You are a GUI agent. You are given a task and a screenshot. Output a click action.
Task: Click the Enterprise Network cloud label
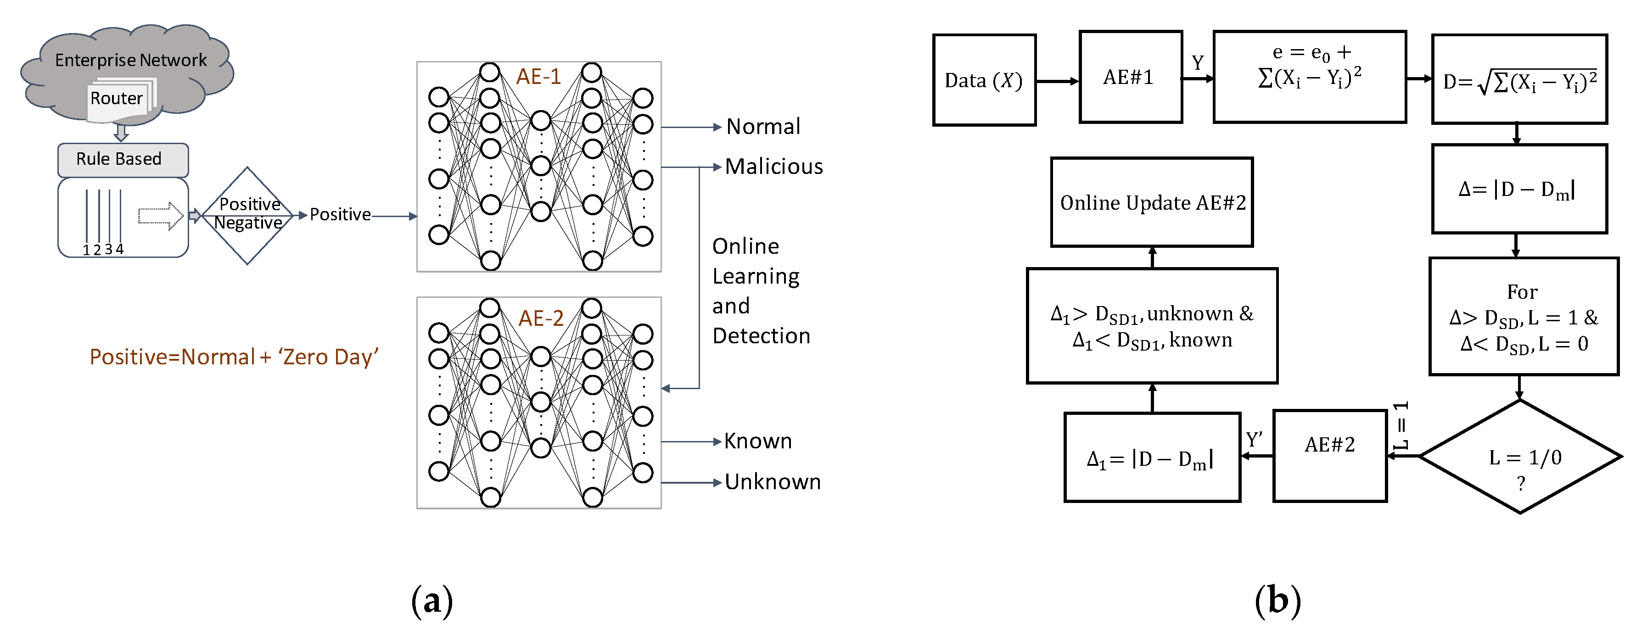pyautogui.click(x=130, y=60)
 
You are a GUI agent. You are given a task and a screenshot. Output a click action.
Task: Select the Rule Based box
pyautogui.click(x=123, y=159)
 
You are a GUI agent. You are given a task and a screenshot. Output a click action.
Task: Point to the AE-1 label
pyautogui.click(x=538, y=77)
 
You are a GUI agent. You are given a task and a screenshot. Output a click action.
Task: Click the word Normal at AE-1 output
pyautogui.click(x=763, y=127)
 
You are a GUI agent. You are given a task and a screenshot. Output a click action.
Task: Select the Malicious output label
pyautogui.click(x=773, y=167)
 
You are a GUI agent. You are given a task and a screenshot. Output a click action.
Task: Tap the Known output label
pyautogui.click(x=758, y=441)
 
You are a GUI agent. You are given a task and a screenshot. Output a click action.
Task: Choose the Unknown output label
pyautogui.click(x=772, y=482)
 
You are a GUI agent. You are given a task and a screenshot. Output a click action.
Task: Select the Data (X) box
pyautogui.click(x=984, y=81)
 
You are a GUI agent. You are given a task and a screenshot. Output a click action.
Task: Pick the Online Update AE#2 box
pyautogui.click(x=1151, y=202)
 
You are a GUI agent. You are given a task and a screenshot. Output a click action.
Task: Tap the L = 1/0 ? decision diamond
pyautogui.click(x=1520, y=457)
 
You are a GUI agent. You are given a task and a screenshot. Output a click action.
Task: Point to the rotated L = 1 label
pyautogui.click(x=1401, y=425)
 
